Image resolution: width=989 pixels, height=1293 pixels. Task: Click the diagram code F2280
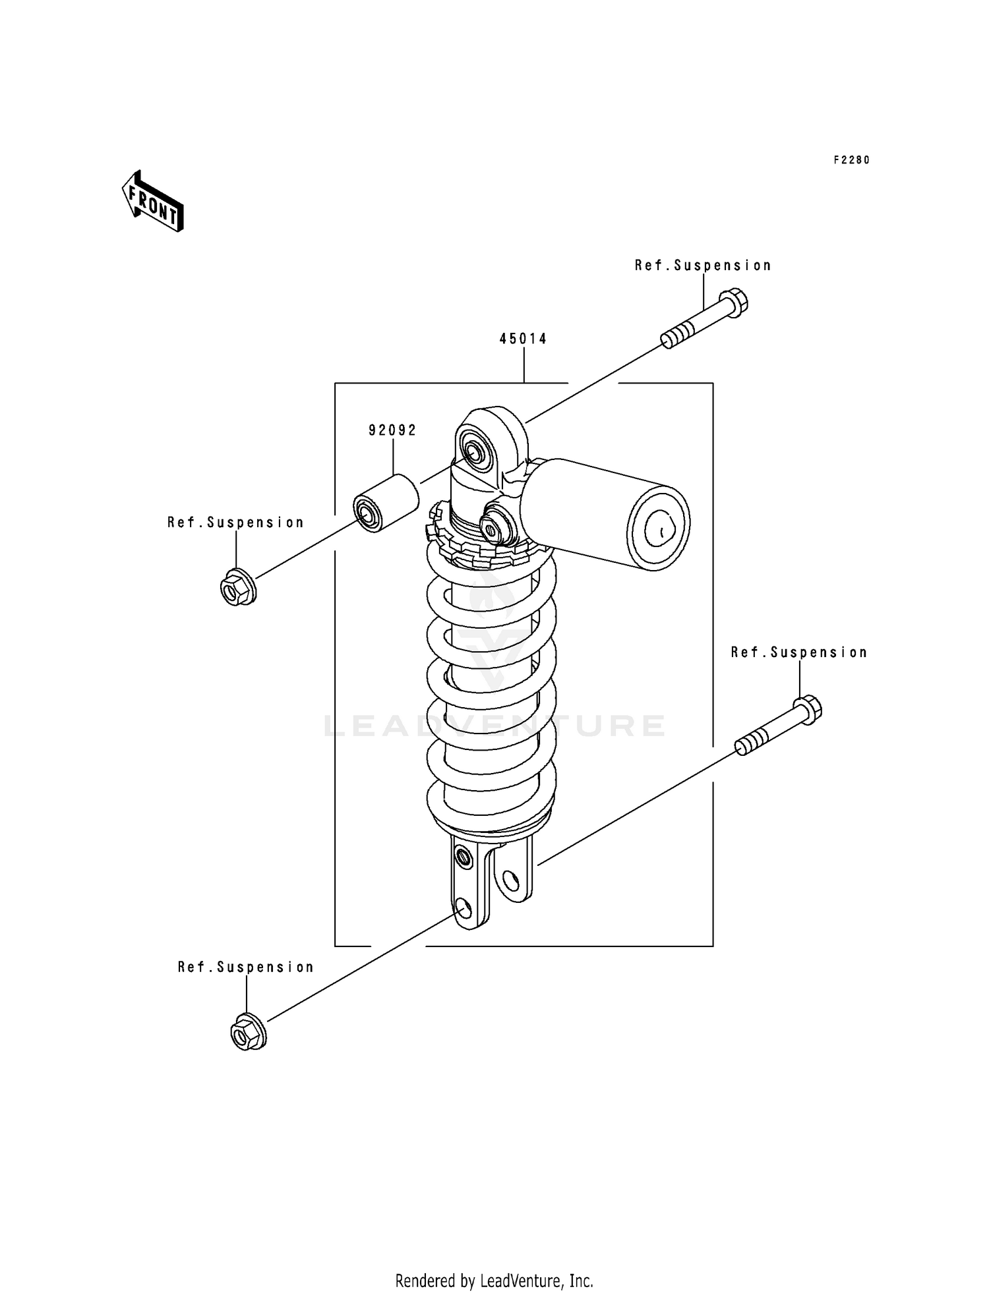(x=851, y=160)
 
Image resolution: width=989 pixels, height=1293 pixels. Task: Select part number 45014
(x=523, y=339)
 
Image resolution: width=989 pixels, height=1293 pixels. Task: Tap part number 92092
(x=392, y=430)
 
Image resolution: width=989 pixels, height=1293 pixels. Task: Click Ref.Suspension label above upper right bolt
(x=703, y=266)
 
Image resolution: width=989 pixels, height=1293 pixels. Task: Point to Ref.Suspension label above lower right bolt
(x=799, y=652)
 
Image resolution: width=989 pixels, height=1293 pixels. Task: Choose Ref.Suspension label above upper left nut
(x=235, y=523)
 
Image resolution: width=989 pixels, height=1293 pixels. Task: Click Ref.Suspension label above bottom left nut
(x=246, y=967)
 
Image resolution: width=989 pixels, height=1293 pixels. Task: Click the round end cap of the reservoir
(x=659, y=527)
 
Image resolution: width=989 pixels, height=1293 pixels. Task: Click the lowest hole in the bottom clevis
(x=463, y=909)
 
